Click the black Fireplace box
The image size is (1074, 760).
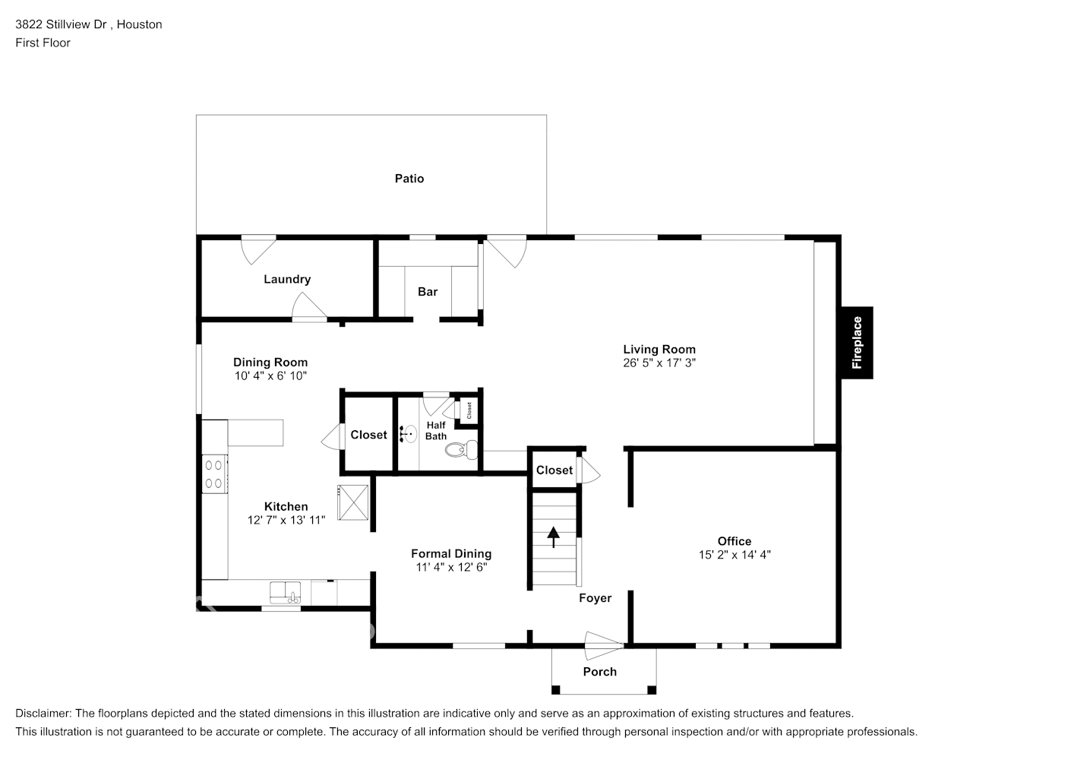857,343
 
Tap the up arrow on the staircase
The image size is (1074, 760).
554,537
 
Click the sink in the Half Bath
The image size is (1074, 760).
409,435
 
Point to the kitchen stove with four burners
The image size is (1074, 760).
215,473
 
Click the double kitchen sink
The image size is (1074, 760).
286,591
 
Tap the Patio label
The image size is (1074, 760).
409,179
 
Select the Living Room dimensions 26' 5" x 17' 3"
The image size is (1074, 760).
659,363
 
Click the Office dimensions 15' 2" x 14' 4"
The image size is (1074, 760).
734,555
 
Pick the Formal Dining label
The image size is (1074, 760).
451,554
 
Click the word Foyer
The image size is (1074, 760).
595,598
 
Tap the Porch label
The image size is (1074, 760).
599,672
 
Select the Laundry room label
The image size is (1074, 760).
287,279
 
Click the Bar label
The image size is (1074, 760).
428,292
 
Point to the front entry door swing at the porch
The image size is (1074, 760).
604,646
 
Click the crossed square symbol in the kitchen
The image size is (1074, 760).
352,502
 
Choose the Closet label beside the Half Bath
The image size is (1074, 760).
368,435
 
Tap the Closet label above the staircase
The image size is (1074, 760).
554,470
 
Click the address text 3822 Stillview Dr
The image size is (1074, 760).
62,24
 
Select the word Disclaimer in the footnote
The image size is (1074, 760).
43,714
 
